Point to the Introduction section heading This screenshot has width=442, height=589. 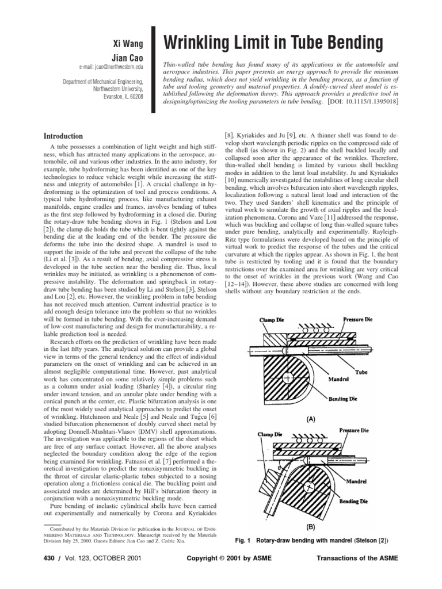click(63, 136)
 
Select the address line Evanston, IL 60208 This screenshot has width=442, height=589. click(126, 96)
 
